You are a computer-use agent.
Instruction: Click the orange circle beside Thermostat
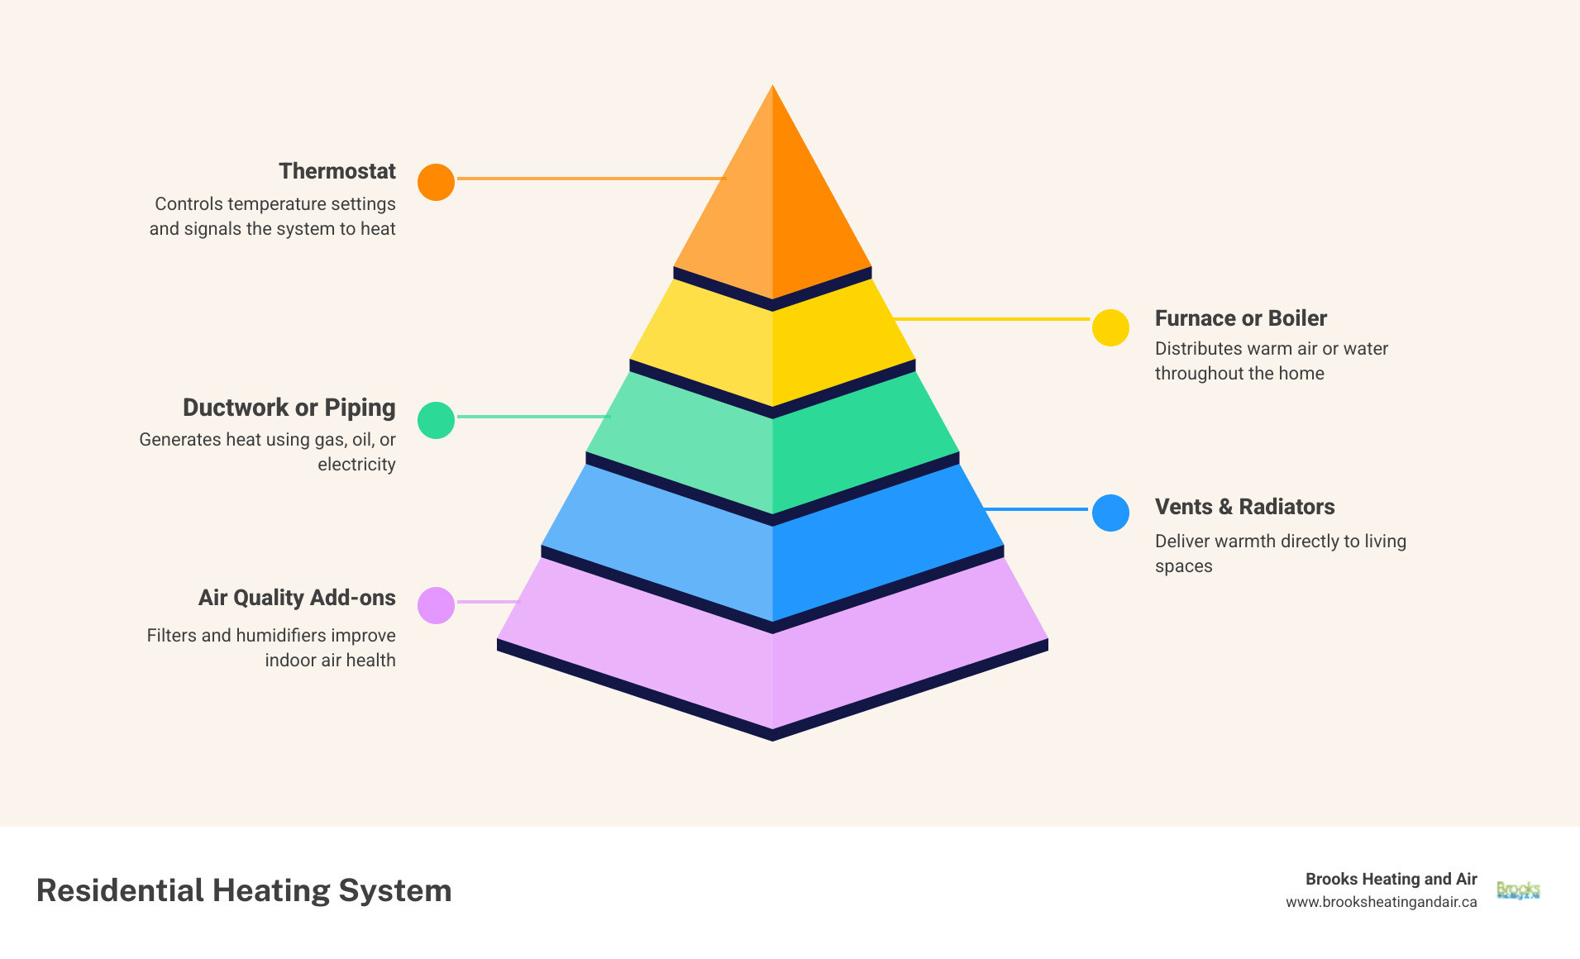[x=436, y=182]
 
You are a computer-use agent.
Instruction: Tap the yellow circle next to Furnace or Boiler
[x=1110, y=327]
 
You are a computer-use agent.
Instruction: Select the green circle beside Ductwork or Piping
[x=436, y=420]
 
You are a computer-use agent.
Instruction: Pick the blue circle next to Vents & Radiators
[x=1110, y=513]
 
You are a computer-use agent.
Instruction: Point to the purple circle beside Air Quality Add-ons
[x=436, y=605]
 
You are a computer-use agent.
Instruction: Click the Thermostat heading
[x=337, y=171]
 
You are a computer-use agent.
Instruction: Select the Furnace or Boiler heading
[x=1240, y=318]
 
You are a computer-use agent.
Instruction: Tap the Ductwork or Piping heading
[x=289, y=408]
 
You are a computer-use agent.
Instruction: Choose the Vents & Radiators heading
[x=1244, y=507]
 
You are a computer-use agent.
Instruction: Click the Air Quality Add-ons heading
[x=297, y=598]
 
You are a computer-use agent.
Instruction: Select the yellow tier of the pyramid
[x=772, y=347]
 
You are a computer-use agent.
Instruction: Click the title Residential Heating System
[x=244, y=890]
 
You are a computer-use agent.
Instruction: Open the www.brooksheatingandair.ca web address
[x=1381, y=902]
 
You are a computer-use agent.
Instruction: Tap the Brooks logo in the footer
[x=1518, y=890]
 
